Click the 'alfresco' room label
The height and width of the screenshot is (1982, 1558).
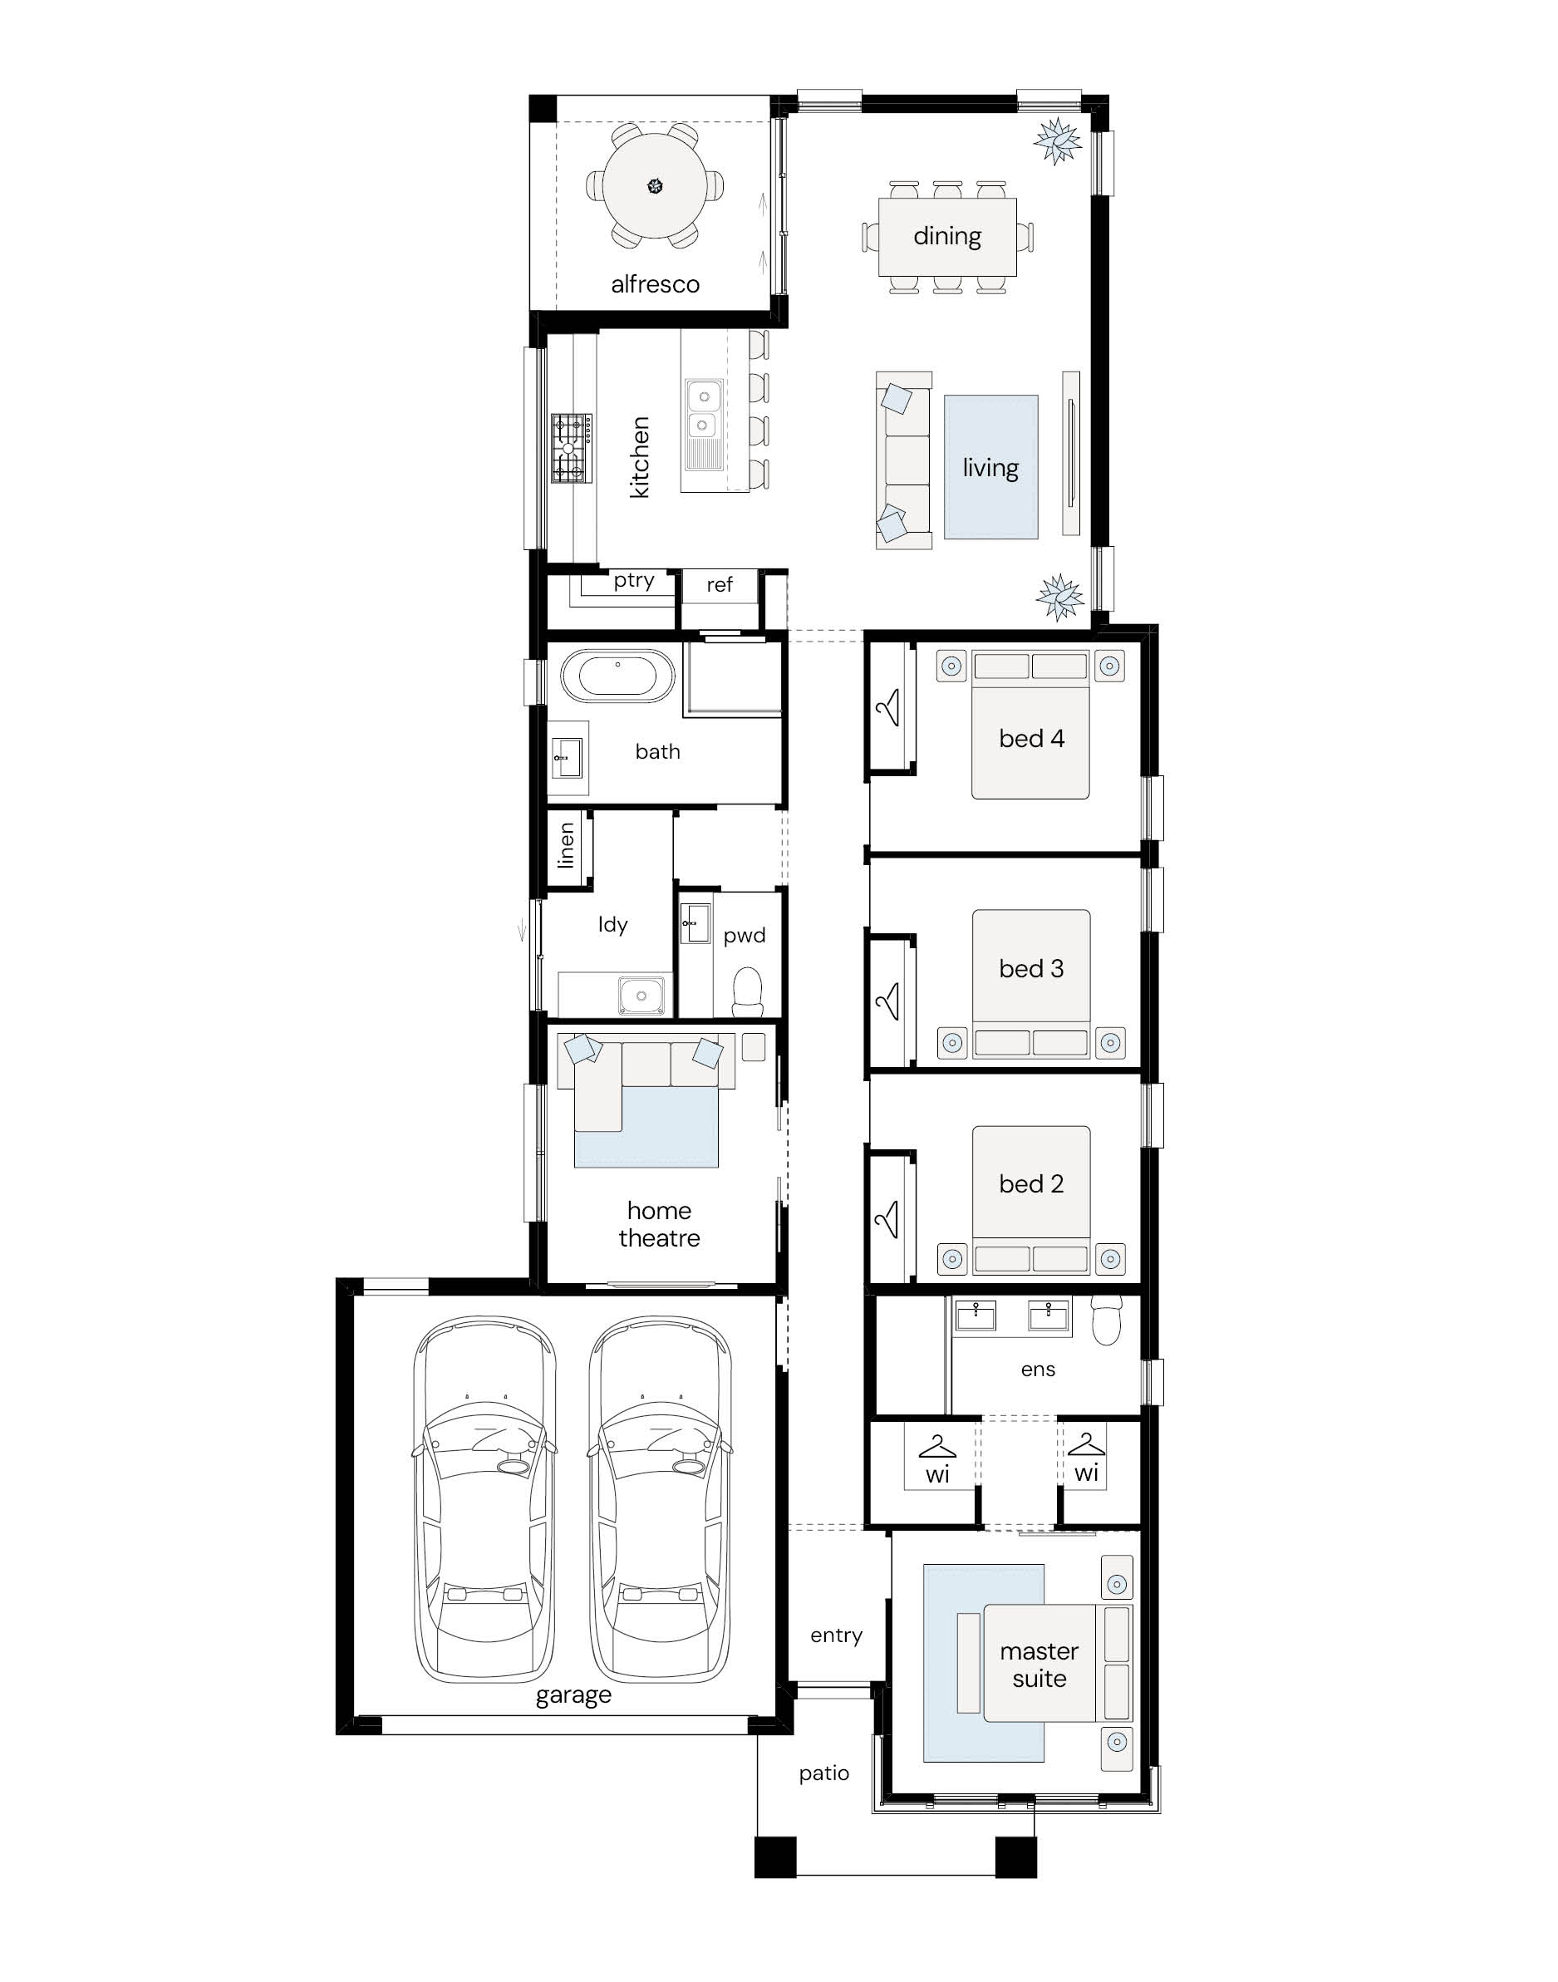click(x=655, y=283)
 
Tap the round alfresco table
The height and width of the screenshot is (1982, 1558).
click(x=655, y=186)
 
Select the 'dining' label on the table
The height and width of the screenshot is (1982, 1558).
click(x=946, y=236)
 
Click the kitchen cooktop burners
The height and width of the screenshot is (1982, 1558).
click(x=571, y=448)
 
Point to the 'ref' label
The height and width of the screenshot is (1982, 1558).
click(x=719, y=585)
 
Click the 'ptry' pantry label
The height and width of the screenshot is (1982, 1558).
click(x=633, y=580)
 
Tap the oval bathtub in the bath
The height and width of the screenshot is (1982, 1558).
click(x=617, y=676)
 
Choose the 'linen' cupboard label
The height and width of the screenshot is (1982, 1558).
click(x=567, y=844)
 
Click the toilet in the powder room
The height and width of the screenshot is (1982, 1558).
click(x=747, y=992)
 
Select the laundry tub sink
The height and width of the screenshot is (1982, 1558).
click(x=641, y=995)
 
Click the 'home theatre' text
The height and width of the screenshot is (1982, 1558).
click(x=659, y=1224)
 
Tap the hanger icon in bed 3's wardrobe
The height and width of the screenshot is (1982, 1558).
click(x=887, y=1001)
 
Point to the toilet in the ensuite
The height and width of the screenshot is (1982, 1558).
click(x=1107, y=1321)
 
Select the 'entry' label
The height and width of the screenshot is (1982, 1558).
click(x=836, y=1635)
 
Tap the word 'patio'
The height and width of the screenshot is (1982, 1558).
click(x=823, y=1773)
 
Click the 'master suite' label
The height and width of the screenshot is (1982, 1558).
click(x=1039, y=1665)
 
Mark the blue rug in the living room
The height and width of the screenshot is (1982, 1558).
click(x=990, y=467)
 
